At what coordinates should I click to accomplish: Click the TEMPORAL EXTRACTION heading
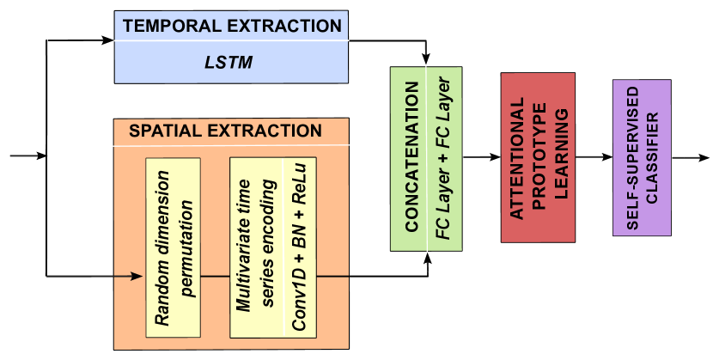click(x=232, y=26)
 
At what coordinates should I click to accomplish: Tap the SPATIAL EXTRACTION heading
click(x=225, y=131)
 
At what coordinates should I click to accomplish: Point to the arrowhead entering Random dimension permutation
click(x=137, y=276)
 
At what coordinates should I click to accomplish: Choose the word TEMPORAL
click(x=166, y=26)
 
